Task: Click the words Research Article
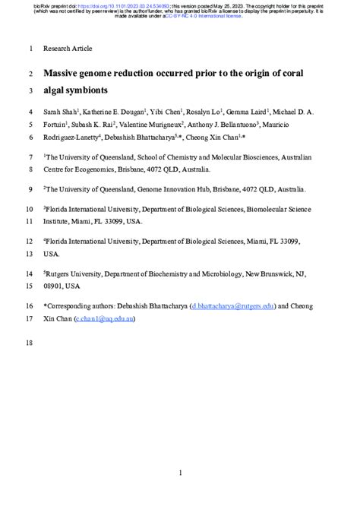(68, 49)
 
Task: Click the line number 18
(30, 343)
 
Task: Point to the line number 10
(30, 207)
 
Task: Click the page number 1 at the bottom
(180, 473)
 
